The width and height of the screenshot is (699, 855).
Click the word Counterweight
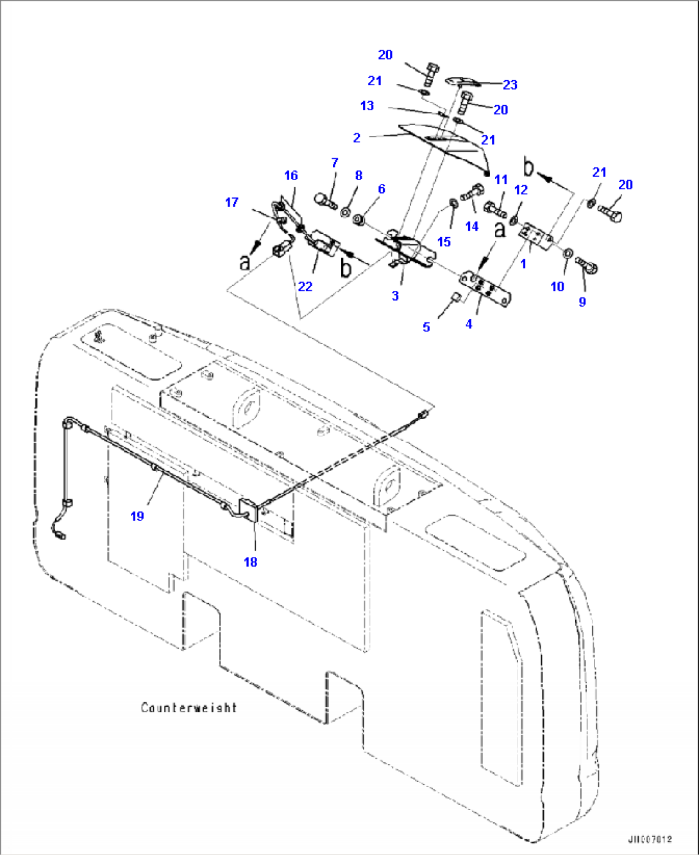click(x=189, y=708)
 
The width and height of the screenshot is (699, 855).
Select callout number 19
click(x=137, y=516)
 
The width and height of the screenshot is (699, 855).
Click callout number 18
click(x=250, y=561)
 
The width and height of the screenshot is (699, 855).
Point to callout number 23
click(x=510, y=85)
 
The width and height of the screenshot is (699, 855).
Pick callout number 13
click(x=367, y=105)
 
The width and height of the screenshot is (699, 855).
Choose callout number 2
click(x=357, y=137)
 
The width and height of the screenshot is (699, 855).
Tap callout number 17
click(x=232, y=203)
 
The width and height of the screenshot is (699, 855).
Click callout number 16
click(x=291, y=176)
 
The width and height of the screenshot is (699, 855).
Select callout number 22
click(x=305, y=286)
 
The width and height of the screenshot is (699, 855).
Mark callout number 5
click(x=426, y=327)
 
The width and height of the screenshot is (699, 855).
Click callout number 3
click(x=395, y=295)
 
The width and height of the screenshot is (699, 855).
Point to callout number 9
click(x=582, y=301)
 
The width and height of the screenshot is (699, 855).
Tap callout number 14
click(x=472, y=226)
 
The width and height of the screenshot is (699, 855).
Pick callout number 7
click(x=335, y=163)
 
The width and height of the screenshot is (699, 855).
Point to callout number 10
click(x=557, y=286)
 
